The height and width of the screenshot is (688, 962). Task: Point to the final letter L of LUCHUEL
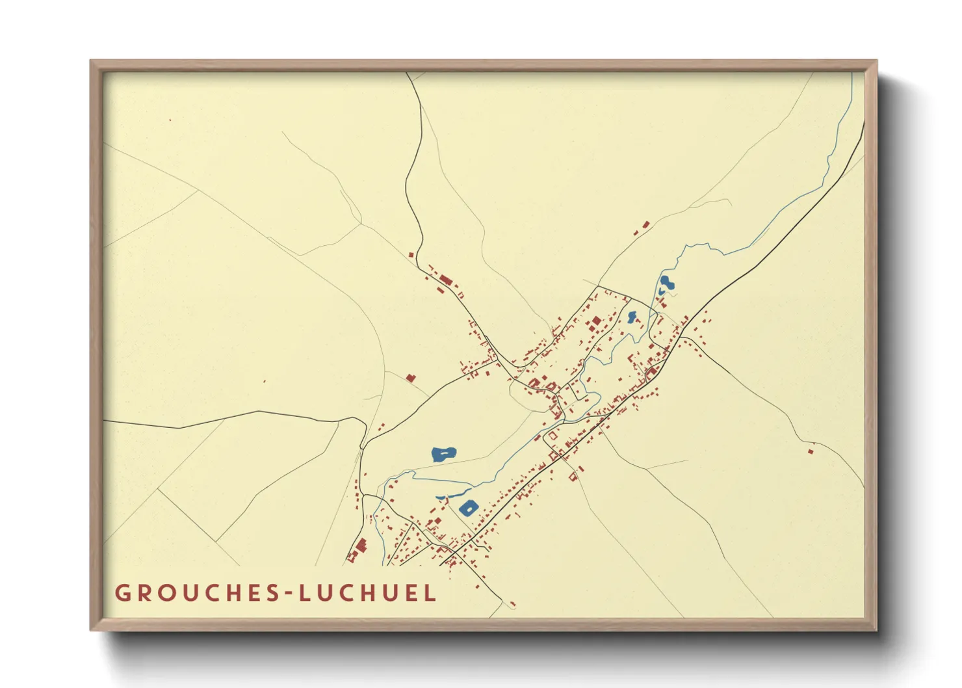[x=430, y=593]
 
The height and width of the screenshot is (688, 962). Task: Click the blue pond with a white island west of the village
[x=443, y=454]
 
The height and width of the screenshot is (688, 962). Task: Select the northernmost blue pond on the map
[x=666, y=284]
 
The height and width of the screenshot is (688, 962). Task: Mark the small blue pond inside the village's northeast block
[x=632, y=317]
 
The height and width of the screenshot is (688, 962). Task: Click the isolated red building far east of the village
[x=810, y=451]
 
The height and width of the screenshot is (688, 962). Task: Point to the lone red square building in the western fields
[x=410, y=377]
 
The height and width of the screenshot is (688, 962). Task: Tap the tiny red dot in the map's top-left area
[x=170, y=120]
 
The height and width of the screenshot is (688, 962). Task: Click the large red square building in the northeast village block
[x=595, y=321]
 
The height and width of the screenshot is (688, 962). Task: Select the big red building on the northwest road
[x=445, y=280]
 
